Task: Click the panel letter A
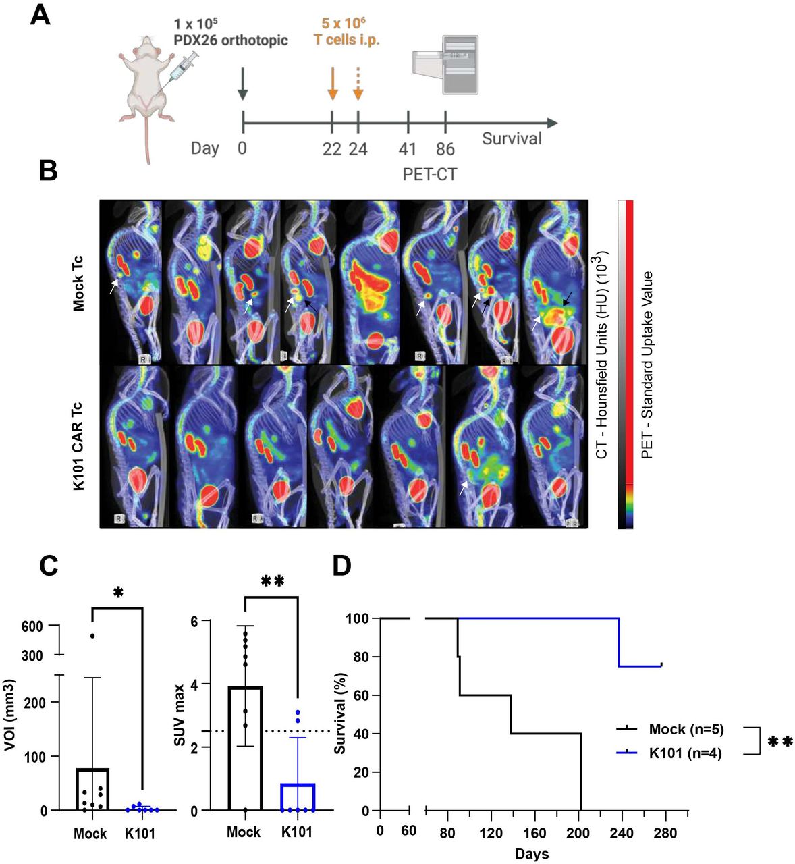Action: tap(40, 16)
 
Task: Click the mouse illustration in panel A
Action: tap(150, 94)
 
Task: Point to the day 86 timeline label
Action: tap(445, 149)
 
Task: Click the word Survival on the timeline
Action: tap(512, 139)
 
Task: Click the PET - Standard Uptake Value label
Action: tap(647, 364)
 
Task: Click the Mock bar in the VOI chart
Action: tap(92, 788)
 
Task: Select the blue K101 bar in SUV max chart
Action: tap(297, 796)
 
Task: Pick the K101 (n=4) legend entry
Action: tap(684, 753)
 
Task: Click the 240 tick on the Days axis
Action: tap(622, 832)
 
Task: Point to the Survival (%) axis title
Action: tap(341, 715)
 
